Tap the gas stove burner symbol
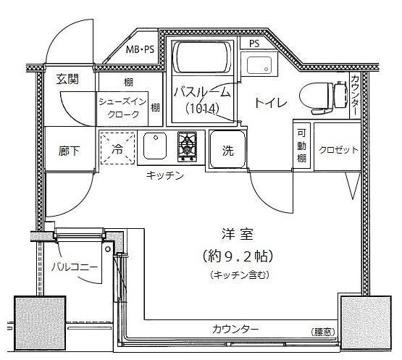[187, 146]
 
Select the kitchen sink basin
[154, 146]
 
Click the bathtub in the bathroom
[203, 57]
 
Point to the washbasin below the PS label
[259, 65]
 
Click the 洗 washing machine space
[227, 150]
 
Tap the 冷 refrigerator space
[117, 148]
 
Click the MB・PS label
[140, 49]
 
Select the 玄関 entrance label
[67, 79]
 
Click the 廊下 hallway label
[69, 151]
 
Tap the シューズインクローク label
[123, 108]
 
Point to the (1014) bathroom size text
[202, 109]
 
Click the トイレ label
[271, 103]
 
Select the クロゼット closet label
[338, 150]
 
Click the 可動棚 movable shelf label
[301, 146]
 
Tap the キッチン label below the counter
[165, 175]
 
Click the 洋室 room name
[238, 235]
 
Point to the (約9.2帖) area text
[238, 256]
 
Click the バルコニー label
[75, 267]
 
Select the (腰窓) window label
[323, 332]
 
